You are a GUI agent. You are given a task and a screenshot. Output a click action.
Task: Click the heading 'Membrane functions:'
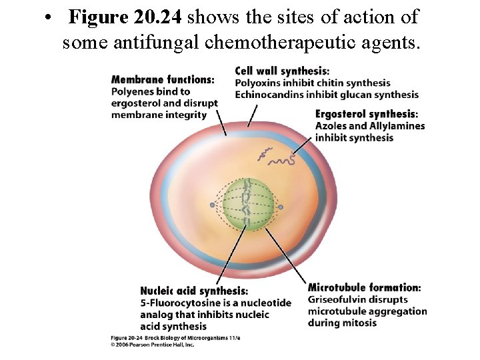click(x=163, y=80)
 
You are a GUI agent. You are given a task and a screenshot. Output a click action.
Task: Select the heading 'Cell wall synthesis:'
click(x=282, y=71)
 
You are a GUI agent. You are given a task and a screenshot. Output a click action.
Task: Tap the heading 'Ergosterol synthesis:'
click(x=367, y=114)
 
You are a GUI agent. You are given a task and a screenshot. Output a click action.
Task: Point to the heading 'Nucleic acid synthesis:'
click(x=194, y=291)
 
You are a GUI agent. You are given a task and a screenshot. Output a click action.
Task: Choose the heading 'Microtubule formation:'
click(x=364, y=287)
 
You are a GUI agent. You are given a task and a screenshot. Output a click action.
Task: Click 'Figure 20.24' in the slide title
click(x=125, y=17)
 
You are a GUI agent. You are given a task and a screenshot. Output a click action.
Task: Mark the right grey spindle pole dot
click(x=281, y=207)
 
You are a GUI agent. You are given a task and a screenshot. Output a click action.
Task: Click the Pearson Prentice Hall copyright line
click(x=152, y=345)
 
